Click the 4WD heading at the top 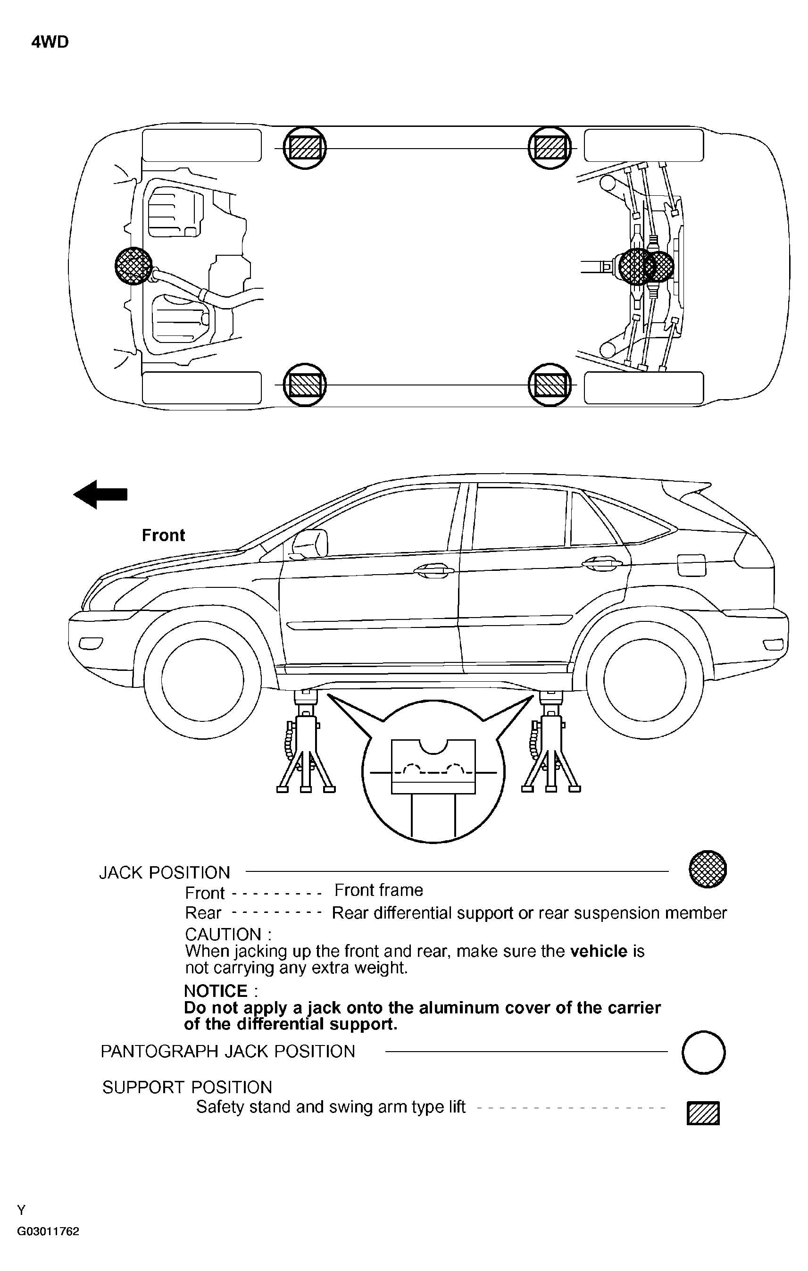[50, 42]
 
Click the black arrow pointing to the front [100, 494]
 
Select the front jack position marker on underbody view [133, 266]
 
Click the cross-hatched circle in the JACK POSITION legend [708, 869]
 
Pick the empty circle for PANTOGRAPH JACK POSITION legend [703, 1052]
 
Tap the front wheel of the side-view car [203, 680]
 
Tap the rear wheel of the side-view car [644, 680]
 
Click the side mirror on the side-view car [310, 544]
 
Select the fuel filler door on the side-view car [691, 565]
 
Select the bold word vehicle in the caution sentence [599, 951]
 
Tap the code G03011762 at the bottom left [48, 1231]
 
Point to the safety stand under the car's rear [551, 744]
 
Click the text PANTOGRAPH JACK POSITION [227, 1052]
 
